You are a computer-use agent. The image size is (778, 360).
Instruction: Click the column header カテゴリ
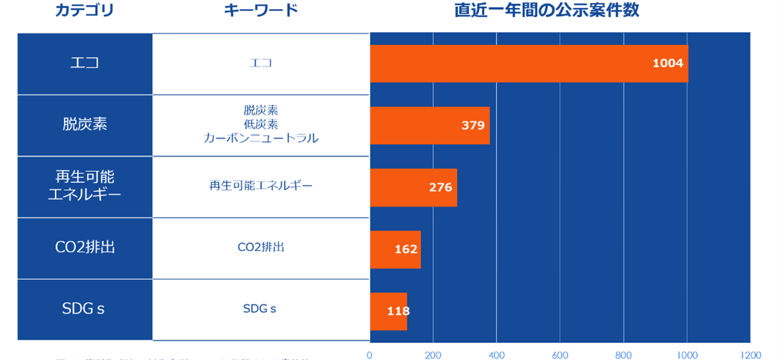[x=85, y=10]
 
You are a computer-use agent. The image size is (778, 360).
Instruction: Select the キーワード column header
[x=260, y=10]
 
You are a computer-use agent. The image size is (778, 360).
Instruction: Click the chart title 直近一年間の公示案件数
[x=546, y=10]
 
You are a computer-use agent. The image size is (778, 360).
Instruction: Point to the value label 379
[x=473, y=126]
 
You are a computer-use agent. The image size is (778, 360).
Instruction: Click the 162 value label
[x=406, y=249]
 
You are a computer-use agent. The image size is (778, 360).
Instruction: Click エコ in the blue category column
[x=85, y=62]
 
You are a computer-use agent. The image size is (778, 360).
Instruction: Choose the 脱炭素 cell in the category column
[x=85, y=124]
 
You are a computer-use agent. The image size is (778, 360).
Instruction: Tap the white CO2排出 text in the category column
[x=85, y=248]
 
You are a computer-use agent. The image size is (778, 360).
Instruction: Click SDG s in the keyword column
[x=260, y=309]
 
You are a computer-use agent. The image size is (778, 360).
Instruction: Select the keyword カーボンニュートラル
[x=261, y=138]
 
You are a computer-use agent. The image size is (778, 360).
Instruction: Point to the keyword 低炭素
[x=261, y=124]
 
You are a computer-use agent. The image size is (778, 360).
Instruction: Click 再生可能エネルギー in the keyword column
[x=261, y=186]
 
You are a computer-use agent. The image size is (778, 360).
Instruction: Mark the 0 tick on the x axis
[x=370, y=355]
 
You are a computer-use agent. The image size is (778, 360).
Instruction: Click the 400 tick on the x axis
[x=496, y=355]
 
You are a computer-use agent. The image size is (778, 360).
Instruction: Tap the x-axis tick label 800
[x=623, y=355]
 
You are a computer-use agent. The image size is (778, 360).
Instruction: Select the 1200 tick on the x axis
[x=749, y=355]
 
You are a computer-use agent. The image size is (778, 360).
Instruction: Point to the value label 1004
[x=668, y=63]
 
